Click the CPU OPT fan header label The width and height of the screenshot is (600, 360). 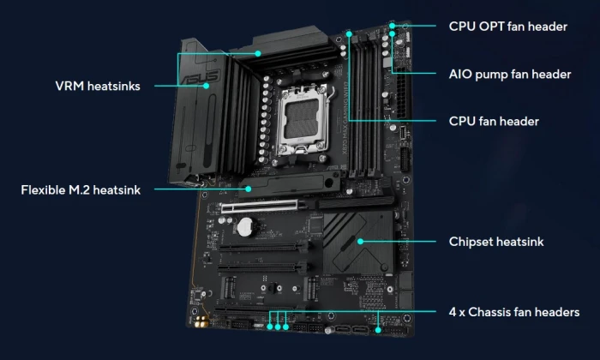click(x=507, y=27)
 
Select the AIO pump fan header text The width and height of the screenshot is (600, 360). click(x=510, y=75)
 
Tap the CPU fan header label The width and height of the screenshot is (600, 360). click(x=494, y=121)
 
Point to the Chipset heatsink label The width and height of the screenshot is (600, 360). click(x=496, y=242)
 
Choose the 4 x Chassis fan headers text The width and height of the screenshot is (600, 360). click(x=514, y=312)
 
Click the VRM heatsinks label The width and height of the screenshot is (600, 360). click(x=98, y=86)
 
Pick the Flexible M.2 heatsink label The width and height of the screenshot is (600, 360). click(x=81, y=190)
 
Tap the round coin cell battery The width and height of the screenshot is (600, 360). click(x=246, y=227)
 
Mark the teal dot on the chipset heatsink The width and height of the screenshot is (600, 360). click(x=360, y=242)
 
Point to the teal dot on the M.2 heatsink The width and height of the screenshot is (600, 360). click(x=249, y=189)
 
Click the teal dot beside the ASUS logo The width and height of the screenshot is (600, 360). click(x=207, y=86)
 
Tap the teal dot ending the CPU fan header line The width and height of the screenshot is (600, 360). click(x=349, y=34)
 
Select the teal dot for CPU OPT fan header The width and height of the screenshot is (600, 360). click(x=393, y=26)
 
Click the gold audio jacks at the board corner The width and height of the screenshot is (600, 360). click(x=201, y=321)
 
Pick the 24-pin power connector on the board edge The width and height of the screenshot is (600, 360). click(x=404, y=95)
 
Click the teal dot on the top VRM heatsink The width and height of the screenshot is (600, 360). click(x=258, y=53)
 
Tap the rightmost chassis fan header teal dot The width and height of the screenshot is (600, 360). click(x=378, y=330)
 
